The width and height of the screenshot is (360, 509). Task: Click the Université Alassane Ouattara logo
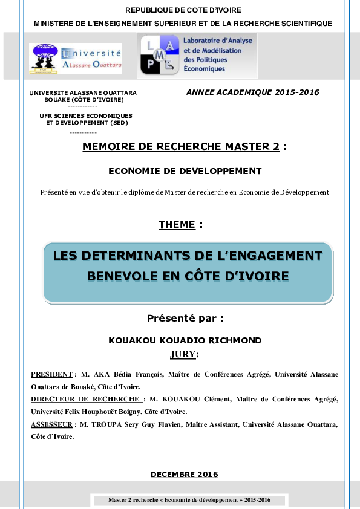[76, 59]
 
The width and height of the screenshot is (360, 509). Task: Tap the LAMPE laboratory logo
[197, 55]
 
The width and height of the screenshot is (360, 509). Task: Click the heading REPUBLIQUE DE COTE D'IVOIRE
[183, 10]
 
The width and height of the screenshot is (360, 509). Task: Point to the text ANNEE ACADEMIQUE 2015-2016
[252, 92]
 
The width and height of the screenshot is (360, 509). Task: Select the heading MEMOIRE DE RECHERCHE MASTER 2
[181, 146]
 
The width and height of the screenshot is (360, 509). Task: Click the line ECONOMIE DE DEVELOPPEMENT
[185, 171]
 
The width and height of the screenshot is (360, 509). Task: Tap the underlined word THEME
[177, 225]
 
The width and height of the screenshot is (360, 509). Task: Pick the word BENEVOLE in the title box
[125, 276]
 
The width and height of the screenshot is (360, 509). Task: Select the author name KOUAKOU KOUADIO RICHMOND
[185, 340]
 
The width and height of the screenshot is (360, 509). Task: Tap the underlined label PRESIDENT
[51, 375]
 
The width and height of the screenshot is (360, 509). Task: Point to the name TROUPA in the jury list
[113, 424]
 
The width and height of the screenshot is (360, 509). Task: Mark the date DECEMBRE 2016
[184, 475]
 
